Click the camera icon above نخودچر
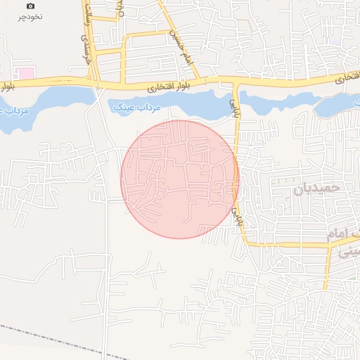point(30,6)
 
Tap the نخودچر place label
point(30,15)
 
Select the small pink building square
point(25,73)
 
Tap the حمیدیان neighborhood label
point(316,188)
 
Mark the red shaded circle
point(180,179)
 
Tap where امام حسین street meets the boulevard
point(195,79)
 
